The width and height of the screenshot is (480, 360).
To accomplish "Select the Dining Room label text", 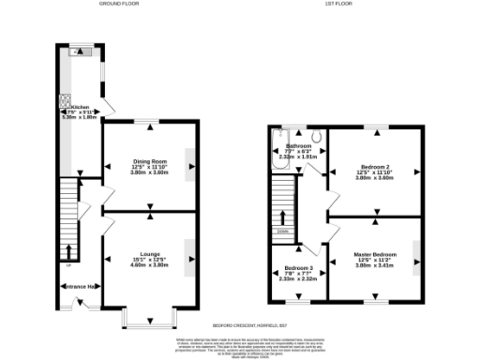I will click(x=150, y=162).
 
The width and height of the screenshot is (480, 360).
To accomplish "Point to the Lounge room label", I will click(x=150, y=254).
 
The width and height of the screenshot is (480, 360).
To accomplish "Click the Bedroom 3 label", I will click(x=298, y=269).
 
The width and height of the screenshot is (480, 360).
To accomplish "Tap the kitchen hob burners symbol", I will click(x=67, y=100).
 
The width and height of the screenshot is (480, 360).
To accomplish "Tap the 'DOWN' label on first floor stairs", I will click(x=282, y=230).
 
